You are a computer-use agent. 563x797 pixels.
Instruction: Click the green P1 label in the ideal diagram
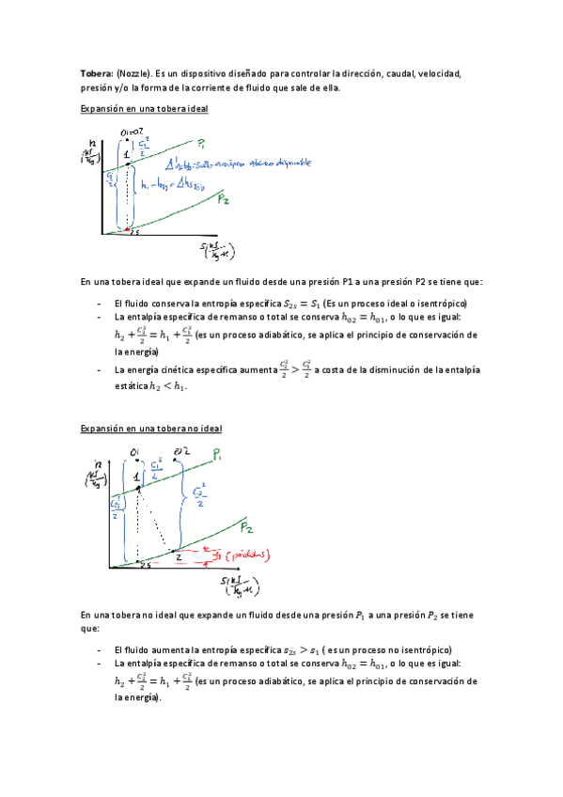[x=204, y=145]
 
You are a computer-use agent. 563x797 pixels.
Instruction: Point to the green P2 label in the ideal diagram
[x=226, y=200]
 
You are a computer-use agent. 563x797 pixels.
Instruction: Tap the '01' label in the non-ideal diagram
[x=136, y=452]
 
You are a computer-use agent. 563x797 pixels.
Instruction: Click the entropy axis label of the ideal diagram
[x=216, y=251]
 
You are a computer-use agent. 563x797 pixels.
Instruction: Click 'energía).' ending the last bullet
[x=138, y=698]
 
